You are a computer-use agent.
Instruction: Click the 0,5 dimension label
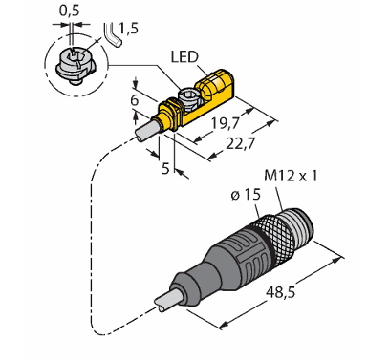[x=69, y=11]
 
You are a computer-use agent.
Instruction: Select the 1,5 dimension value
[x=128, y=29]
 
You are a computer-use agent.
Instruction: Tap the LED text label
[x=184, y=57]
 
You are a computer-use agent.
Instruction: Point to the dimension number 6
[x=135, y=100]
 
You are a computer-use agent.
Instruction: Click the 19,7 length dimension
[x=226, y=123]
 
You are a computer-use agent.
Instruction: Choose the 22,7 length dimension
[x=241, y=144]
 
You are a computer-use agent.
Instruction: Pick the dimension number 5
[x=165, y=168]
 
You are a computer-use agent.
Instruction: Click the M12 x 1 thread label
[x=291, y=176]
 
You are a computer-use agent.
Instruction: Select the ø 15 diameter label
[x=246, y=195]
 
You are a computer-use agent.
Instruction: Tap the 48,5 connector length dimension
[x=281, y=291]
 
